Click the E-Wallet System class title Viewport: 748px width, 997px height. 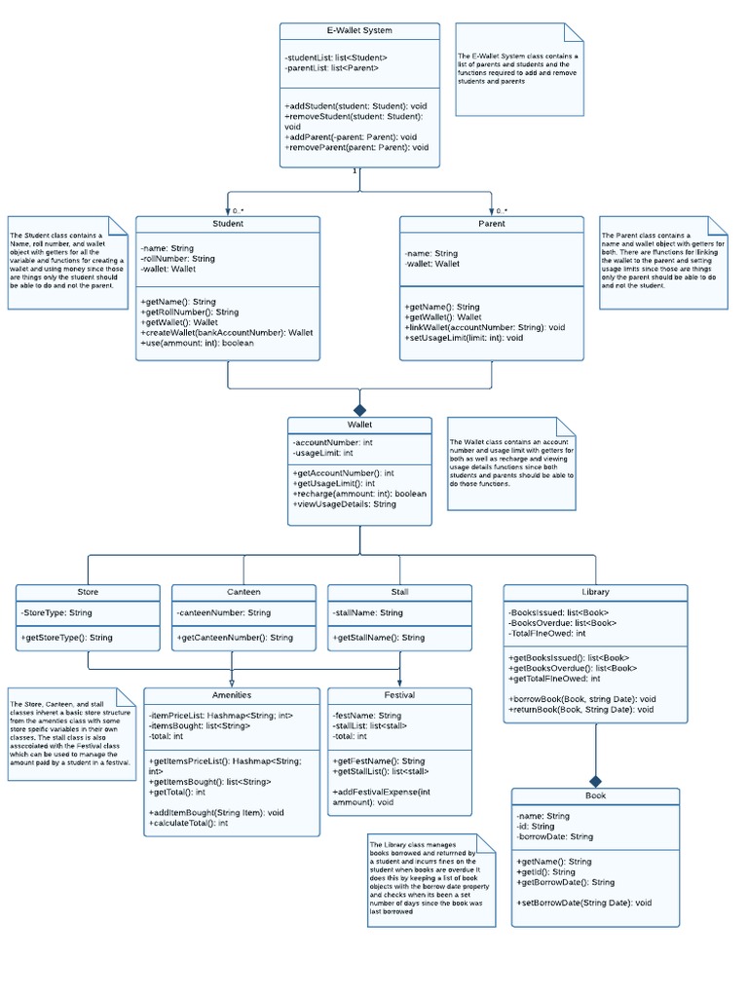tap(359, 31)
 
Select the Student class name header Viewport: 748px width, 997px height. tap(228, 224)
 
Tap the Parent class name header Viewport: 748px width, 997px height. tap(492, 224)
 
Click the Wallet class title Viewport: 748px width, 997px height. tap(359, 425)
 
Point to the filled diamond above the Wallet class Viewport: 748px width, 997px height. tap(359, 409)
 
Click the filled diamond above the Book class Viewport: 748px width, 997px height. tap(595, 780)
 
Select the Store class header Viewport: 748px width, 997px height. tap(88, 592)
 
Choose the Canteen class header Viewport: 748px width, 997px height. tap(243, 592)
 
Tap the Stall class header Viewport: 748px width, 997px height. tap(399, 592)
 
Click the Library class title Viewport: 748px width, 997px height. tap(595, 592)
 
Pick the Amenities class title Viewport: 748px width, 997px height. tap(232, 695)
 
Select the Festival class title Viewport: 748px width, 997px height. tap(399, 695)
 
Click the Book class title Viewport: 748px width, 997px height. tap(595, 795)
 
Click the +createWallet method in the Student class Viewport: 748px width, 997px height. tap(227, 333)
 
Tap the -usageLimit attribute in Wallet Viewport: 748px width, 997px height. tap(322, 453)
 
